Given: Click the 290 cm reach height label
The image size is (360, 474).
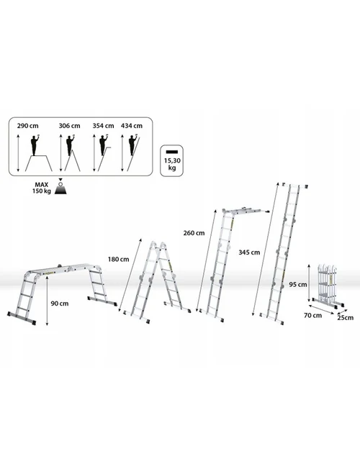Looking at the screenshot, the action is (x=28, y=126).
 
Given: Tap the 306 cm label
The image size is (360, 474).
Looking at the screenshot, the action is (x=69, y=126).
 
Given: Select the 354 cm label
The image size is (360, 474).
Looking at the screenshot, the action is (x=103, y=126).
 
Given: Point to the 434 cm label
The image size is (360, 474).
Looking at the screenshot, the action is (x=132, y=126).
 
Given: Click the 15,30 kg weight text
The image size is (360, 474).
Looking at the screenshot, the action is (x=172, y=164).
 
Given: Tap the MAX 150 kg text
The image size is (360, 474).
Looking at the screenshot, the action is (x=42, y=188).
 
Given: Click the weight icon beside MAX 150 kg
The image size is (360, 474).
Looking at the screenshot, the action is (x=60, y=186).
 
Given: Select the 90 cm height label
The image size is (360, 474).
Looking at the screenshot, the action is (x=60, y=304).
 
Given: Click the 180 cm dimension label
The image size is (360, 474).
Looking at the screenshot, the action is (x=118, y=260).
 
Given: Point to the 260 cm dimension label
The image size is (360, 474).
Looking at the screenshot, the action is (x=194, y=233).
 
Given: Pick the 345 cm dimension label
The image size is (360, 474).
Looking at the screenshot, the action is (x=249, y=252).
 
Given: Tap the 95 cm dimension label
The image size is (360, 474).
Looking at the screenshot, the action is (x=298, y=285).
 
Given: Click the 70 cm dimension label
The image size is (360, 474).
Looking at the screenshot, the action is (x=312, y=316).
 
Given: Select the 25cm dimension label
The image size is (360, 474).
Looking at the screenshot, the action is (x=346, y=318).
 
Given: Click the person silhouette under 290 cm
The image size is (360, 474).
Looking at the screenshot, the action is (x=36, y=145).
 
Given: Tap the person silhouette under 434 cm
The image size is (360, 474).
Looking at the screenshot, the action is (x=132, y=145).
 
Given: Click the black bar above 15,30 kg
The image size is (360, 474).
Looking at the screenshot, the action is (x=172, y=152).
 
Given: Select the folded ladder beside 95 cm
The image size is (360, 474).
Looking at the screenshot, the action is (x=328, y=286).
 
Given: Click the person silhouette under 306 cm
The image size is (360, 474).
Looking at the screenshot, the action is (x=70, y=145).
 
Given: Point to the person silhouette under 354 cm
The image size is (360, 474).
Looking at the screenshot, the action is (x=104, y=145).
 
